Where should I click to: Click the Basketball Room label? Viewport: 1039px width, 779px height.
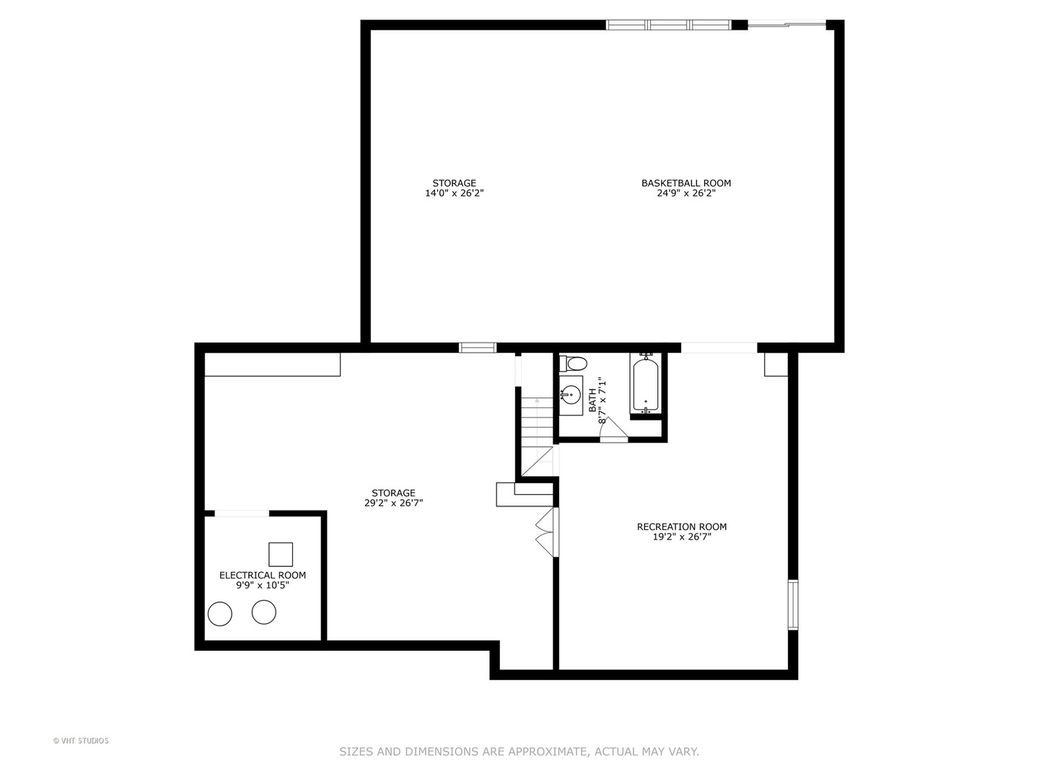tap(685, 183)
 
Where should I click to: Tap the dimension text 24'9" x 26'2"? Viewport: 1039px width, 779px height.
tap(685, 193)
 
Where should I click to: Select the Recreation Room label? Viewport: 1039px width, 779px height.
tap(681, 527)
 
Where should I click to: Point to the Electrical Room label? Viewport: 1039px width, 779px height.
tap(263, 575)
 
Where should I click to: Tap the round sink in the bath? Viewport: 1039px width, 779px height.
tap(571, 395)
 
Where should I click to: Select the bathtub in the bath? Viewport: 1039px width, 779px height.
tap(646, 384)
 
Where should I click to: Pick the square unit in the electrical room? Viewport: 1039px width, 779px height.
tap(281, 554)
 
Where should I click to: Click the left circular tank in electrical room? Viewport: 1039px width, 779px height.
tap(220, 614)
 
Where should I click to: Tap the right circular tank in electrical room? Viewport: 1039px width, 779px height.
tap(264, 612)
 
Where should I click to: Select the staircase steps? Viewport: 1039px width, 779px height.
tap(537, 433)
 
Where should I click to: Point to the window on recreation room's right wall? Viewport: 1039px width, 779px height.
tap(792, 604)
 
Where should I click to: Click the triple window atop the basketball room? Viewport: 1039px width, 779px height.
tap(669, 25)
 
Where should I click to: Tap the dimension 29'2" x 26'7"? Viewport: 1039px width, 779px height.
tap(393, 503)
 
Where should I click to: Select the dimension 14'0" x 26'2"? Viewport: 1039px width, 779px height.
tap(454, 193)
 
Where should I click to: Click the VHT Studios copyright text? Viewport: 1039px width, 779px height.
tap(81, 741)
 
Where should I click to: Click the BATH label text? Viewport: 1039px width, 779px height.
tap(592, 400)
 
